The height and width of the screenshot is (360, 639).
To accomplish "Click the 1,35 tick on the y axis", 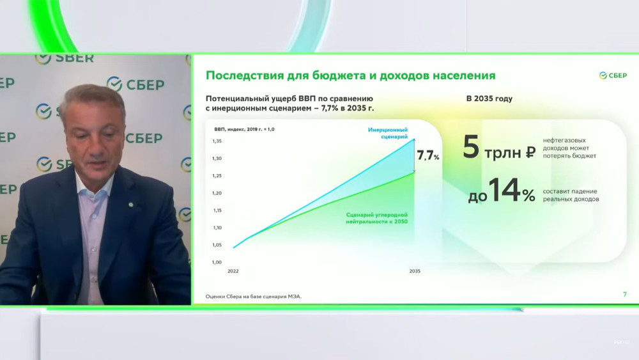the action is (217, 141).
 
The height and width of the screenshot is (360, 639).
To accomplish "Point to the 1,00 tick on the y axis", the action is (217, 262).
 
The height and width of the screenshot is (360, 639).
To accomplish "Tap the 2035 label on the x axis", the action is (415, 271).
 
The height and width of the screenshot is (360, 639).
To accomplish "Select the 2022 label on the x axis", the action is (233, 271).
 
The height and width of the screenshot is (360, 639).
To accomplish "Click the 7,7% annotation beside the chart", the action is (428, 155).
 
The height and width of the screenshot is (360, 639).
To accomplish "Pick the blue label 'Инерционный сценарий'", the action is (388, 133).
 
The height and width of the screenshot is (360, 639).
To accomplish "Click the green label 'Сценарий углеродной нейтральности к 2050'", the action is (376, 218).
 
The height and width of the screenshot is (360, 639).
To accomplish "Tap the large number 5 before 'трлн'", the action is (471, 147).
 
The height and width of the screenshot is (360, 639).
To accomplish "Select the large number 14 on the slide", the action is (505, 190).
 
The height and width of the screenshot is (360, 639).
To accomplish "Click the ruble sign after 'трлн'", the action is (530, 152).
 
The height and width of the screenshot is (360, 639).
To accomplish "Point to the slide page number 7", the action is (625, 294).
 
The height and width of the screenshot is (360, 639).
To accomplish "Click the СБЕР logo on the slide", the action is (613, 75).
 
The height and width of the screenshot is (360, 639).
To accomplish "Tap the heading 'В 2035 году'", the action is (489, 98).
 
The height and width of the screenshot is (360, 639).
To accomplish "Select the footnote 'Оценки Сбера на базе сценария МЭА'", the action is (254, 297).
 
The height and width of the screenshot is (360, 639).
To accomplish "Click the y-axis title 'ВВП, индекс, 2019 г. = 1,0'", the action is (244, 129).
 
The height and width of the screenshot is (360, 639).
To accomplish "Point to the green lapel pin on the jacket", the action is (131, 205).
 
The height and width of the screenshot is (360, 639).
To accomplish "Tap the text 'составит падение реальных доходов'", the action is (571, 195).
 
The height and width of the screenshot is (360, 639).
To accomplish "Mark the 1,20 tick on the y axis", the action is (217, 193).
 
